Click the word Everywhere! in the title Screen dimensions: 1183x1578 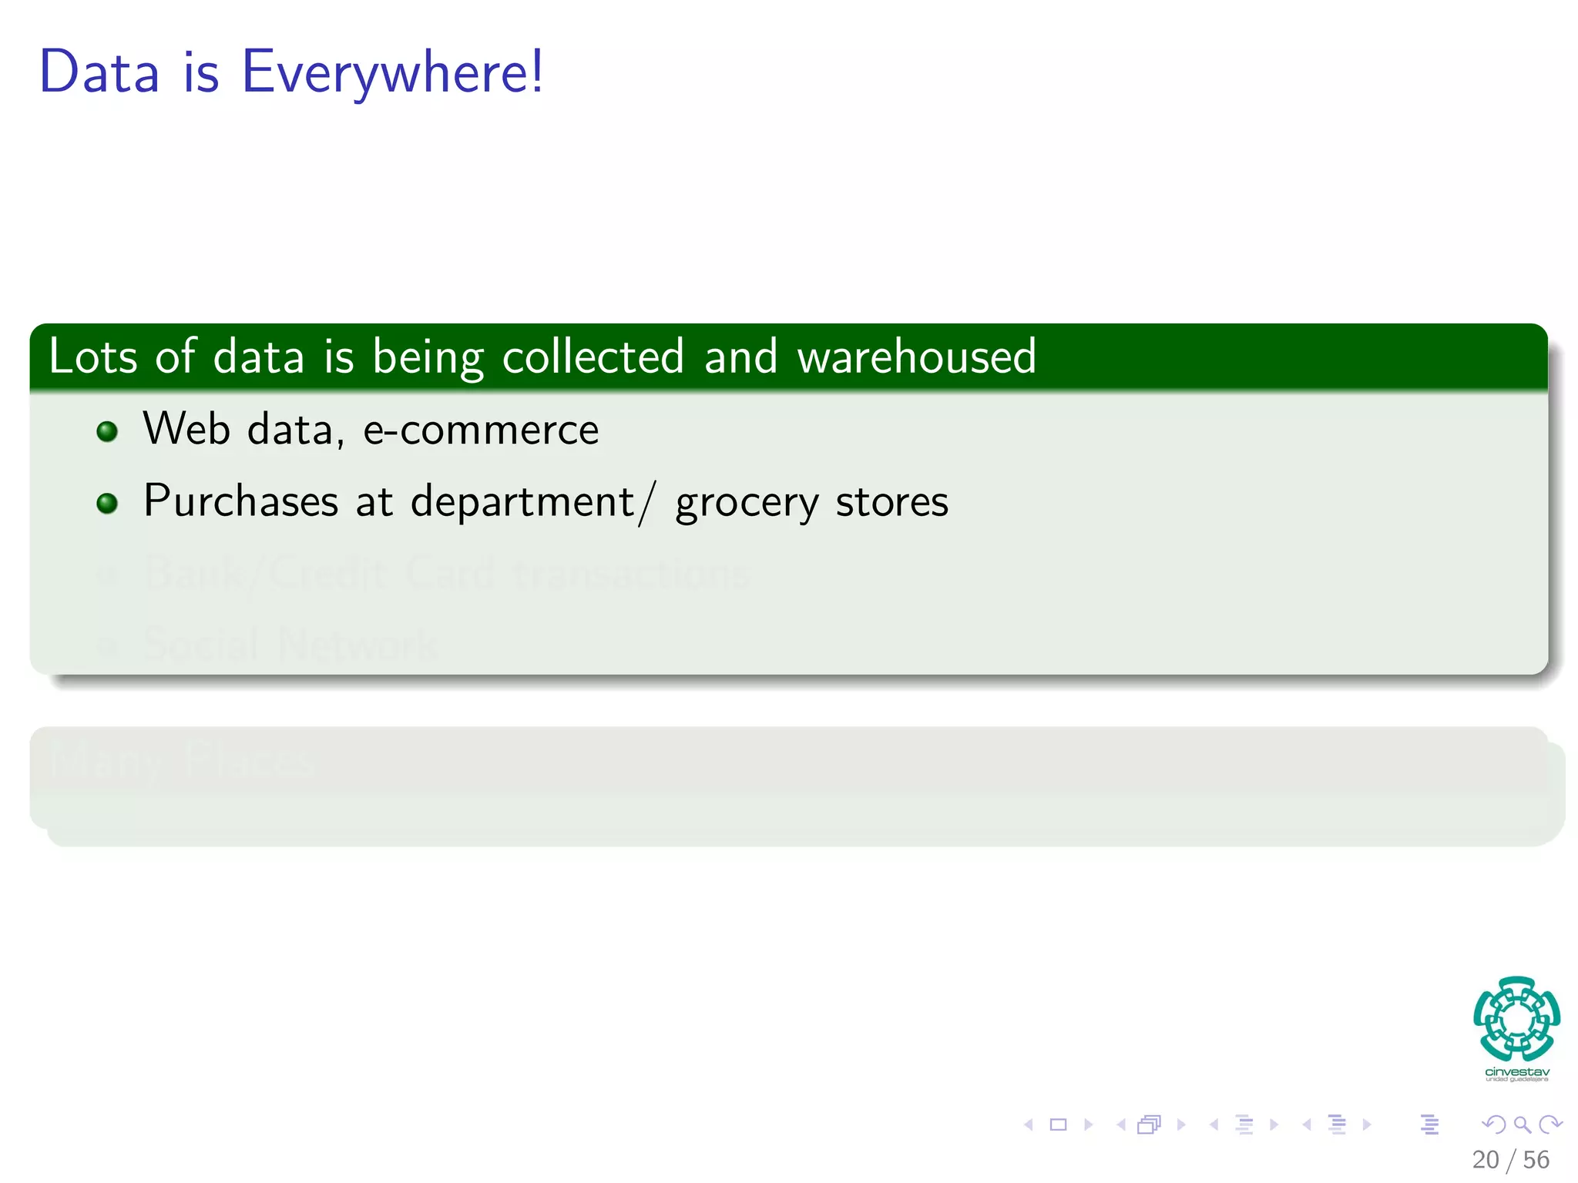click(392, 72)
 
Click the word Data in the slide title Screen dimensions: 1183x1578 click(99, 72)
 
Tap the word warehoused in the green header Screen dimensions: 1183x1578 click(916, 357)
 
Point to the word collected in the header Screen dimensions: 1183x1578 click(593, 357)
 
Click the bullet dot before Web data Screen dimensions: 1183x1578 click(107, 431)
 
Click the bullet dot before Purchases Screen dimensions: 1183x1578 click(107, 504)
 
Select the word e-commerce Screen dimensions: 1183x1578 click(481, 430)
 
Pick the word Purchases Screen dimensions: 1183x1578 click(240, 501)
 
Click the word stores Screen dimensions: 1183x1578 click(891, 502)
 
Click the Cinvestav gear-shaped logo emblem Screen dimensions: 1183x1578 click(1516, 1018)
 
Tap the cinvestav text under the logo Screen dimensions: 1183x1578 click(1516, 1072)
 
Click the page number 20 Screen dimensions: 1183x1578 click(1485, 1160)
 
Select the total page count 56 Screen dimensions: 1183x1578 click(1536, 1160)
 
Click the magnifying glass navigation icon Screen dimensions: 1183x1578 click(1522, 1124)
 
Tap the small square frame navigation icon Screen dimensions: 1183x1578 click(1058, 1124)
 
